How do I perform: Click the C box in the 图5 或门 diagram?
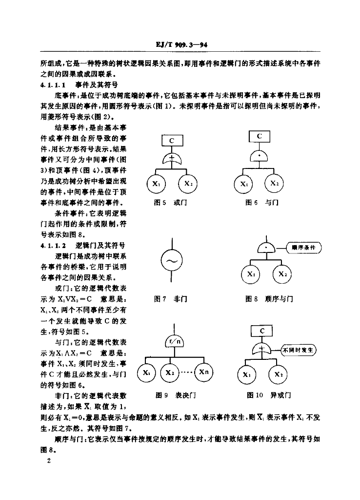172,141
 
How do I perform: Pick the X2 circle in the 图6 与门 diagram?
274,184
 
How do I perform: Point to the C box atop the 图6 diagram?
260,136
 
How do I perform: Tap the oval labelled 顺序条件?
304,248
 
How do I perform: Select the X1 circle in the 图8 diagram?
251,273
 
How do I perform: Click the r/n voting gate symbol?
174,342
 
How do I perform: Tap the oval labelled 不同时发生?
298,350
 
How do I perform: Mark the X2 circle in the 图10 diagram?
278,375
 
